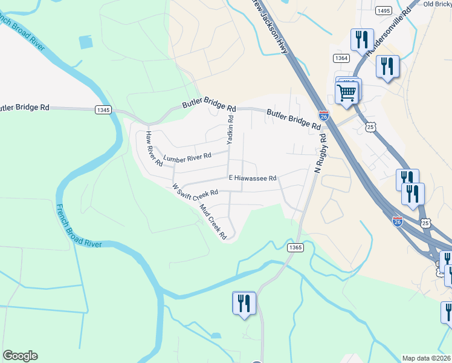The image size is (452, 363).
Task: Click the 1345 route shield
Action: [x=103, y=110]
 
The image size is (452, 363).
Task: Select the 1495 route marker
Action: [x=383, y=11]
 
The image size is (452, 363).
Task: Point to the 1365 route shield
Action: [x=295, y=247]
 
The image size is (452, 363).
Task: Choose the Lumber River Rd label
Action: [x=187, y=157]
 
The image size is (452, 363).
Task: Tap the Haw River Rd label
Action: [x=153, y=149]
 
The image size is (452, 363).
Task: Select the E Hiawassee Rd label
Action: [x=252, y=178]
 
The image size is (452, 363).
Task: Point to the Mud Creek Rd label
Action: [x=213, y=221]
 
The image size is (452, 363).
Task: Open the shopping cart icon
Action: [x=347, y=93]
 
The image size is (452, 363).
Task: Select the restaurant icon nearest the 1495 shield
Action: [x=361, y=40]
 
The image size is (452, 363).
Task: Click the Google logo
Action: [x=20, y=356]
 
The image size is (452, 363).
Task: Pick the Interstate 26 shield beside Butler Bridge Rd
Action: [x=324, y=115]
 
